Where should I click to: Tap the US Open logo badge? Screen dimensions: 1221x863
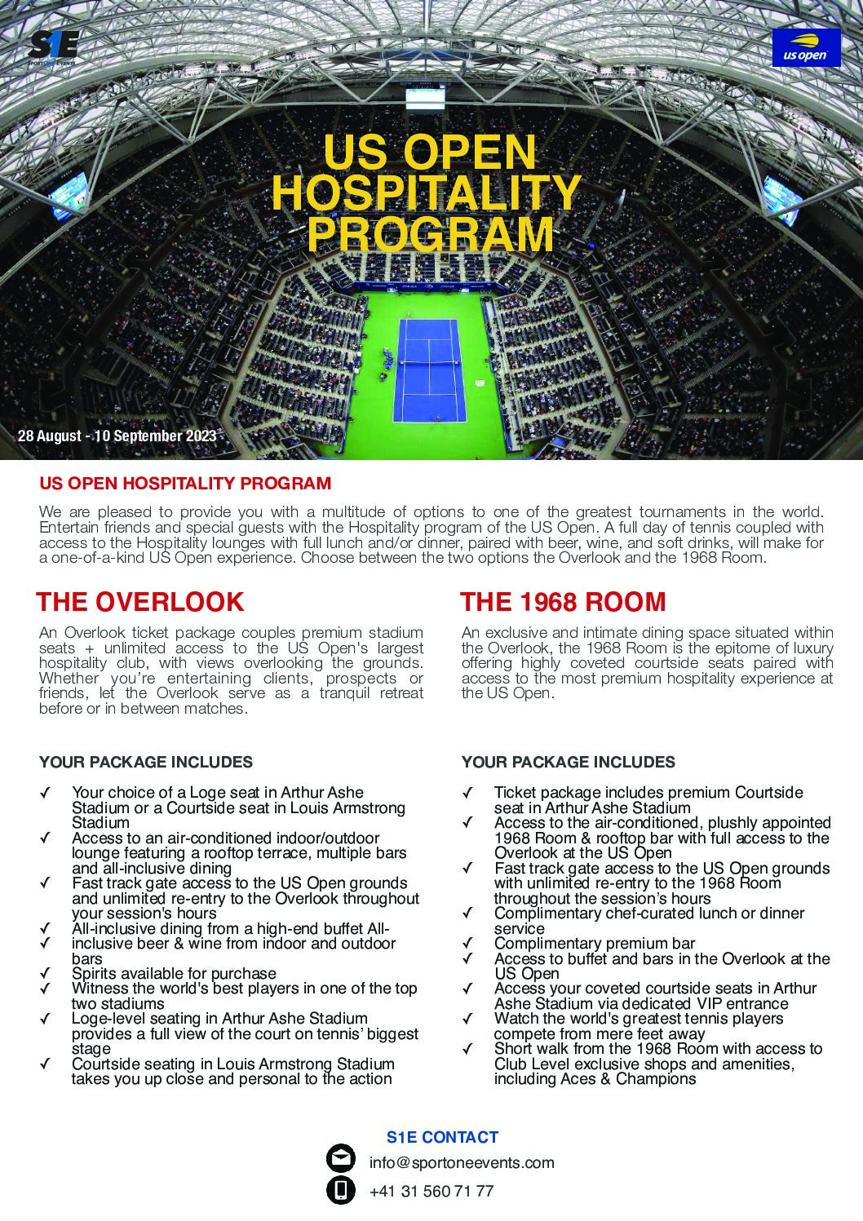click(806, 47)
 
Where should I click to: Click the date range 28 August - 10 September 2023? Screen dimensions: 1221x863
click(117, 436)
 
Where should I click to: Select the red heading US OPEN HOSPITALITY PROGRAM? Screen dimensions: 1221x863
click(185, 484)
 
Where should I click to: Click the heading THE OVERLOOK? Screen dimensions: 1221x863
click(140, 602)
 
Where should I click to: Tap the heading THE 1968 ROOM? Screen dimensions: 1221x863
click(563, 602)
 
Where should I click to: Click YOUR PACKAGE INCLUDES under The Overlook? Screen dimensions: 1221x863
click(146, 763)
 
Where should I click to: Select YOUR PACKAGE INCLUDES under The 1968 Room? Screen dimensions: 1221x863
click(569, 763)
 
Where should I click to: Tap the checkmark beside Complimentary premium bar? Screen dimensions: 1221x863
click(467, 944)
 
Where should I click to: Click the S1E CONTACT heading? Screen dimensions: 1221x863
click(442, 1137)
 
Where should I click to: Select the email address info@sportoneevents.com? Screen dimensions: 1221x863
click(462, 1163)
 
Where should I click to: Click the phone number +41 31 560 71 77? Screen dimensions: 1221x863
click(431, 1191)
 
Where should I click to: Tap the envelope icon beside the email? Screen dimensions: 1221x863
click(341, 1160)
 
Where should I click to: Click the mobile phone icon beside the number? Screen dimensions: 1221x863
click(341, 1191)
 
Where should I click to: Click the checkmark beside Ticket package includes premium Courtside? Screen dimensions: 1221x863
click(467, 793)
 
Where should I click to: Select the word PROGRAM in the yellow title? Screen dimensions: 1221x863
click(430, 233)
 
